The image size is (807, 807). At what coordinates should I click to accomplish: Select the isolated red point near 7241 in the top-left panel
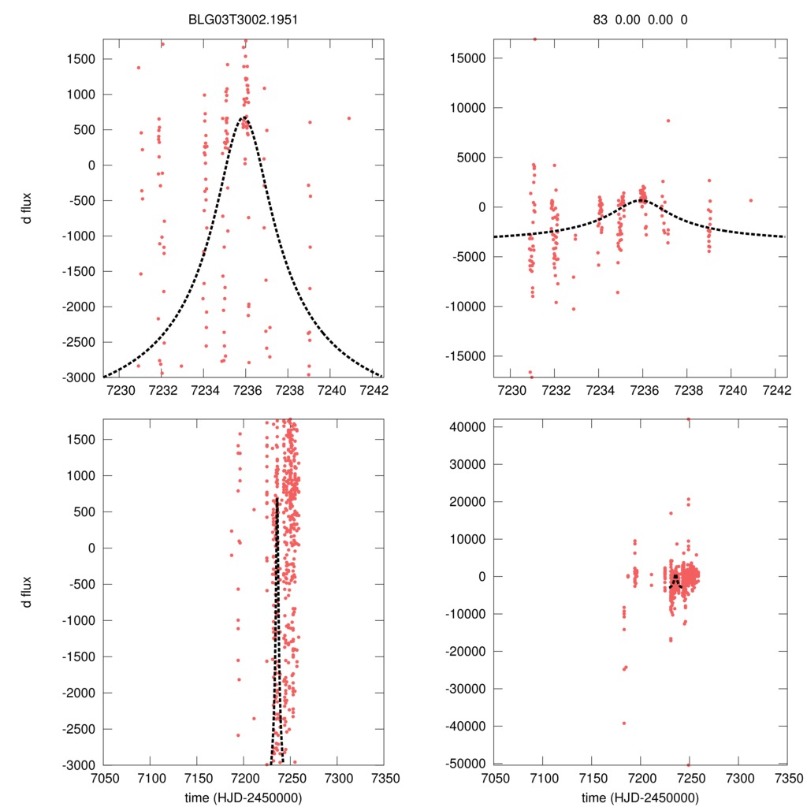pyautogui.click(x=349, y=118)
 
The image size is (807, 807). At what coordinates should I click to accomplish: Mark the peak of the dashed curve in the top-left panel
pyautogui.click(x=246, y=117)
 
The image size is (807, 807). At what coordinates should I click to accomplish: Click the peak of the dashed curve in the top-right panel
pyautogui.click(x=642, y=199)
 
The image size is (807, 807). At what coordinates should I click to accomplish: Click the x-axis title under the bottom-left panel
pyautogui.click(x=244, y=797)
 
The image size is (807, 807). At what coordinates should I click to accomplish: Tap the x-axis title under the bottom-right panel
pyautogui.click(x=641, y=797)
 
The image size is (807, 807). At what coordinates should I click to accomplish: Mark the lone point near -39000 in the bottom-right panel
pyautogui.click(x=623, y=723)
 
